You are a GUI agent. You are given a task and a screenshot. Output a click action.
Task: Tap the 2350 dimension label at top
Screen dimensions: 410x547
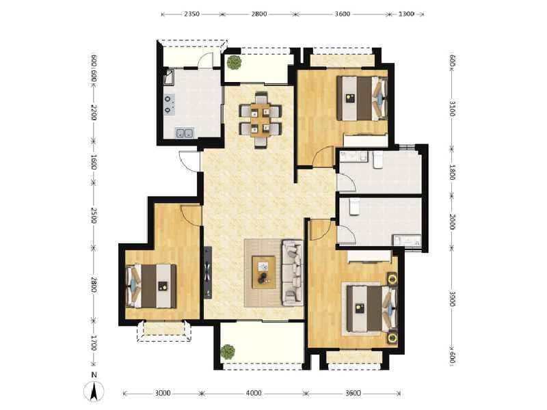point(192,14)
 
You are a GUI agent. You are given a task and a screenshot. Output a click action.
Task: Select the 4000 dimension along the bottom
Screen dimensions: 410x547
point(254,394)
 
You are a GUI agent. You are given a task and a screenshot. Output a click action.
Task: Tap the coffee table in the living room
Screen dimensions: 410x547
point(263,271)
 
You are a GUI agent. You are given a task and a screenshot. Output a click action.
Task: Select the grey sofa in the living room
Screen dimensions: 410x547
point(292,271)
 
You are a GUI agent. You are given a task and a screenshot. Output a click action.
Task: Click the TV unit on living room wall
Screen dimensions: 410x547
point(207,273)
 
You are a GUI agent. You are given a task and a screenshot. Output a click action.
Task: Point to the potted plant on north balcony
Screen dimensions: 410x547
point(235,63)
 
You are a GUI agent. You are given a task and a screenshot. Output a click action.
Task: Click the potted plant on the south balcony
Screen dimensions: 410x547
point(228,352)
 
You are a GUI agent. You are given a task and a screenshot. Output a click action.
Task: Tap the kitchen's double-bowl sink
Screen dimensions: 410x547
point(184,133)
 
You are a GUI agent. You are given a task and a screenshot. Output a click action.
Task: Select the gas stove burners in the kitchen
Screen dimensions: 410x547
point(168,103)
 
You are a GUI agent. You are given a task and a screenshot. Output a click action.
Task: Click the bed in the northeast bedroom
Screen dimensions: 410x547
point(362,98)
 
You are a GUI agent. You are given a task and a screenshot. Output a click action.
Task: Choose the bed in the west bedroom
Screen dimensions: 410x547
point(152,286)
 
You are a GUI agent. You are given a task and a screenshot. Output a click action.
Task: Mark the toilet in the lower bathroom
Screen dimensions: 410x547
point(354,206)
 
